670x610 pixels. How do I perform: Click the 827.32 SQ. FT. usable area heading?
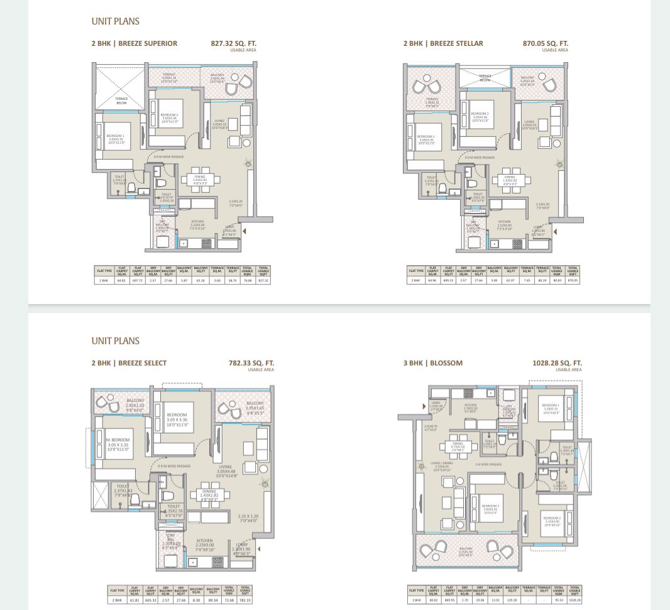click(234, 44)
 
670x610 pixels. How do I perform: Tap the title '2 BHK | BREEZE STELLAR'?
click(443, 44)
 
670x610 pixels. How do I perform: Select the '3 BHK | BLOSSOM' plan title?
click(432, 363)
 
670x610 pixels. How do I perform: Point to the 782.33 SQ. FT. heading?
click(251, 363)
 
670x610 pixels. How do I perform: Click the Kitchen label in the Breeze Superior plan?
click(197, 222)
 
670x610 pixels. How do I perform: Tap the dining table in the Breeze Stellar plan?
click(510, 180)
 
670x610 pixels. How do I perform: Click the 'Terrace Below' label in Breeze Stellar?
click(485, 79)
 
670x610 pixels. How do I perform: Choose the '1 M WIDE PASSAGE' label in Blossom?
click(488, 464)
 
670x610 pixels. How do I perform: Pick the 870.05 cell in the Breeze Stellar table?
click(573, 280)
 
